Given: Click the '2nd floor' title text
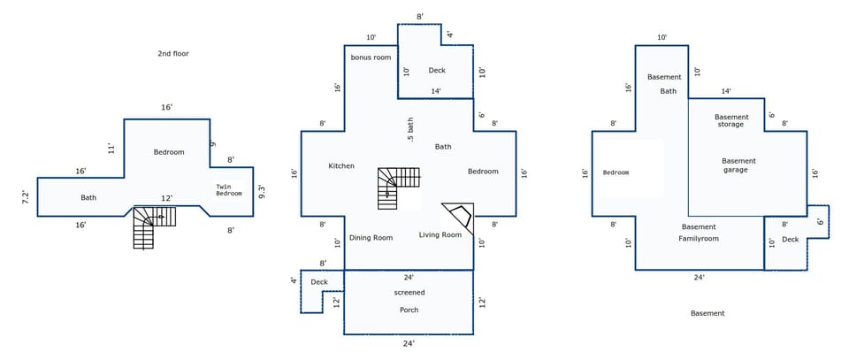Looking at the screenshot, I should [x=167, y=54].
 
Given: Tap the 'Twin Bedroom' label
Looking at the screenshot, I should [x=228, y=189].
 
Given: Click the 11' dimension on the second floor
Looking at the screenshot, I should [x=111, y=148].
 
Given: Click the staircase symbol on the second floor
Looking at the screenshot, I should [x=152, y=225].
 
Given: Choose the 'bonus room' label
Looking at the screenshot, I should [x=371, y=57].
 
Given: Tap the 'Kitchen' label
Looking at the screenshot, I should [x=341, y=166].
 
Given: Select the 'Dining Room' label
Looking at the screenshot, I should [x=371, y=237].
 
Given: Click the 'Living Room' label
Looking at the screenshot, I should [x=440, y=234].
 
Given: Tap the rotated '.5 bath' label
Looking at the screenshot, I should [x=410, y=129].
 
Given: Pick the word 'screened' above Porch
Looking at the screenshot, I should [x=409, y=292].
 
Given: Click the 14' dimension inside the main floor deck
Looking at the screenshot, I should [x=436, y=91].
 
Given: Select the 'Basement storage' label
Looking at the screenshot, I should [x=731, y=120].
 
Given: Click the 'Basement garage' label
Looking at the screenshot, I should [x=738, y=165].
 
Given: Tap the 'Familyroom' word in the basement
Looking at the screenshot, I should [x=699, y=239].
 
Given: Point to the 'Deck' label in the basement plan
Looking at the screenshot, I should [x=790, y=239].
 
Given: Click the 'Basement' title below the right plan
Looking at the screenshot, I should [x=707, y=313].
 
